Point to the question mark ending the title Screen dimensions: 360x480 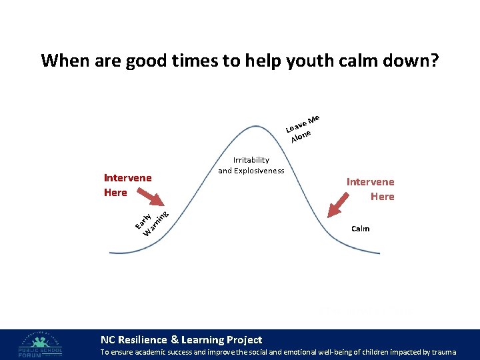[x=433, y=61]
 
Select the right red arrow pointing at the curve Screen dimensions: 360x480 [x=340, y=204]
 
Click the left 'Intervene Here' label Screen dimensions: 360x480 [x=127, y=185]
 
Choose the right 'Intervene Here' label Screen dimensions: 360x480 [x=370, y=189]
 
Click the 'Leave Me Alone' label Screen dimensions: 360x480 [x=302, y=128]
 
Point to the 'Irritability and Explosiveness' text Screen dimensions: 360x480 [x=251, y=165]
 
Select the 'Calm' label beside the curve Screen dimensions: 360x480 [x=360, y=229]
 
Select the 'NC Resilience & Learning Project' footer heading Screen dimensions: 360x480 [x=181, y=340]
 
